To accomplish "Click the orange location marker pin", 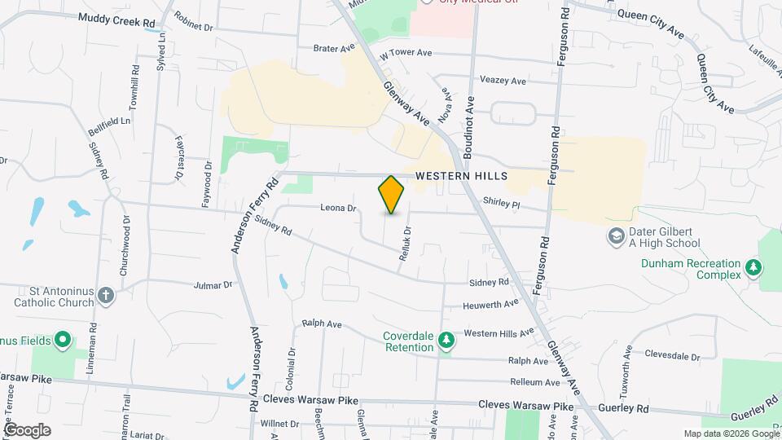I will click(x=391, y=194).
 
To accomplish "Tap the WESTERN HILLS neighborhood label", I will click(x=461, y=176).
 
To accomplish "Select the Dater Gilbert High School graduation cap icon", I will click(x=617, y=236).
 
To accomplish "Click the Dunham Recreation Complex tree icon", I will click(x=754, y=268).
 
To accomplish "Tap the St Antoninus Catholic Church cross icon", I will click(x=105, y=295).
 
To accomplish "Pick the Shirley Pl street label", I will click(x=501, y=202).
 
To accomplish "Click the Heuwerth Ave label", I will click(x=490, y=303).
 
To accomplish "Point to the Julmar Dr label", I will click(x=213, y=286).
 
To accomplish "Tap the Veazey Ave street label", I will click(x=503, y=81).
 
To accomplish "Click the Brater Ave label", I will click(x=335, y=48).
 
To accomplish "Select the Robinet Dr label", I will click(x=194, y=27).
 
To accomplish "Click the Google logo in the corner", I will click(x=27, y=429).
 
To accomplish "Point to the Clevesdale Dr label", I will click(x=672, y=356).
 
